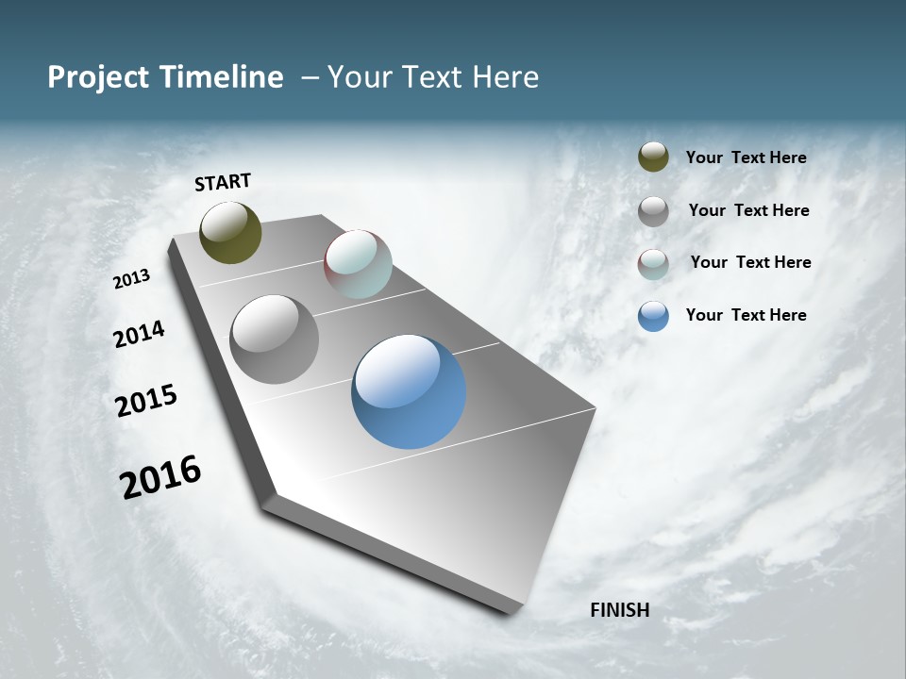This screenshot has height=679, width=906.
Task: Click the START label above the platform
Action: pyautogui.click(x=223, y=182)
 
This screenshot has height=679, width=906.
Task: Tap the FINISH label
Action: pyautogui.click(x=620, y=610)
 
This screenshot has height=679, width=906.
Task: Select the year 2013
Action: pyautogui.click(x=132, y=279)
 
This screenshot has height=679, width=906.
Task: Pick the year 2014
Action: pyautogui.click(x=139, y=334)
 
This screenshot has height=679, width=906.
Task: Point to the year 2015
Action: pyautogui.click(x=146, y=400)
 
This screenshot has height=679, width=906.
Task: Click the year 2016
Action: pyautogui.click(x=160, y=477)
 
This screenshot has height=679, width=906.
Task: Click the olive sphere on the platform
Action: pyautogui.click(x=230, y=232)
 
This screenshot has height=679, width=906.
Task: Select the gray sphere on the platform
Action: pyautogui.click(x=274, y=339)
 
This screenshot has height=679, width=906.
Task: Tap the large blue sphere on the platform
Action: pyautogui.click(x=409, y=391)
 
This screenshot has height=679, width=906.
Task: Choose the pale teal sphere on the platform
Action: pyautogui.click(x=358, y=264)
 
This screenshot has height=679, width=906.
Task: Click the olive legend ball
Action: pyautogui.click(x=653, y=157)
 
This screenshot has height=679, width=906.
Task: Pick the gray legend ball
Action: pyautogui.click(x=653, y=211)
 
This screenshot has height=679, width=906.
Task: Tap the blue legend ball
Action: pyautogui.click(x=653, y=316)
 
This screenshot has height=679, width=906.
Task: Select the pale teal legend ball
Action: pyautogui.click(x=653, y=264)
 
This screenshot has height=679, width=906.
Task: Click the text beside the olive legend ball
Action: pyautogui.click(x=746, y=157)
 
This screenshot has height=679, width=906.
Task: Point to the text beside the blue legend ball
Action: pyautogui.click(x=746, y=315)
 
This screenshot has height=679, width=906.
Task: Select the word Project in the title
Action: pyautogui.click(x=99, y=77)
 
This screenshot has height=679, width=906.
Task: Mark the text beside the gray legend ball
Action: pyautogui.click(x=748, y=210)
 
